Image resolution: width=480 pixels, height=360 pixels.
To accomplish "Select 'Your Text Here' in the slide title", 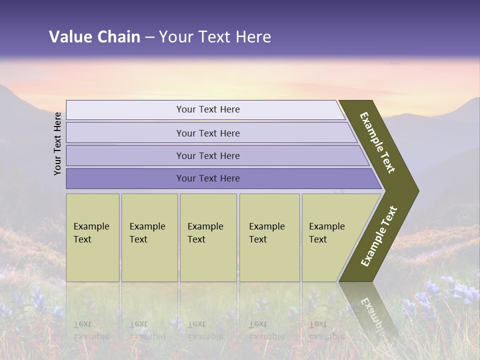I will [x=215, y=37].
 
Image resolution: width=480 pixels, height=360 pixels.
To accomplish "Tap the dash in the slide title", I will [x=149, y=37].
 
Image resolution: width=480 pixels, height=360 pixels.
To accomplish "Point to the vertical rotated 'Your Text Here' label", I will [x=57, y=143].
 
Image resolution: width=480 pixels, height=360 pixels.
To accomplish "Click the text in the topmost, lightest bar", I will [x=208, y=109].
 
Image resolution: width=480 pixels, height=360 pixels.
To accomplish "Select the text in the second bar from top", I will [x=208, y=133].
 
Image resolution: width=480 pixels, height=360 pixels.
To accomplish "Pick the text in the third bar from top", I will [x=208, y=155].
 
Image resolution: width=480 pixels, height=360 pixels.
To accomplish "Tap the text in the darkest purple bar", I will [x=208, y=178].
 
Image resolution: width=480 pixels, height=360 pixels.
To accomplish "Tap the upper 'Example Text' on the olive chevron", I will [x=377, y=142].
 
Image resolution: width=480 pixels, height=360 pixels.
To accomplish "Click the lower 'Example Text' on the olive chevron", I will [x=379, y=236].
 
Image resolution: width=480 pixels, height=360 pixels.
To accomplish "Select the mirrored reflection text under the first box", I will [x=91, y=330].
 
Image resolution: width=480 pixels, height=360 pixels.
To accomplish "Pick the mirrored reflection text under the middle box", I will [x=205, y=330].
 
